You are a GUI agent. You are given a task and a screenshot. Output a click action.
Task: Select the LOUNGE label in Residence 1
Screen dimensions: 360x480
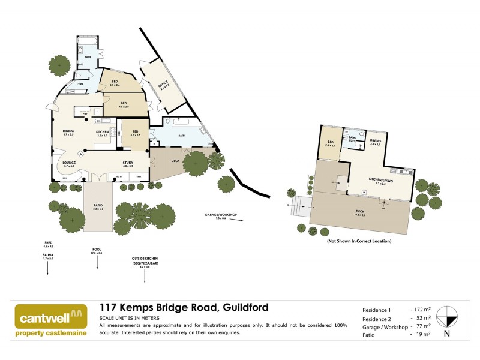tap(68, 163)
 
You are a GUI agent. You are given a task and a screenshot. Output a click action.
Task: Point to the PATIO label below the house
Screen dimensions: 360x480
tap(97, 207)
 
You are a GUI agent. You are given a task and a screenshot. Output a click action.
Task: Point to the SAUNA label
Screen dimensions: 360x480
tap(47, 256)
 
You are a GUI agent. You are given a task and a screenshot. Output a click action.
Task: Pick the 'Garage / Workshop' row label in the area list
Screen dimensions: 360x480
tap(385, 328)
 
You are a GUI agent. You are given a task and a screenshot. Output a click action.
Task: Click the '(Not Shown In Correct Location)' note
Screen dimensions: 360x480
tap(359, 241)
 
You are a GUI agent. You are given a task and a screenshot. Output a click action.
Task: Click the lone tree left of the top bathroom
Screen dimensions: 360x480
tap(58, 67)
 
